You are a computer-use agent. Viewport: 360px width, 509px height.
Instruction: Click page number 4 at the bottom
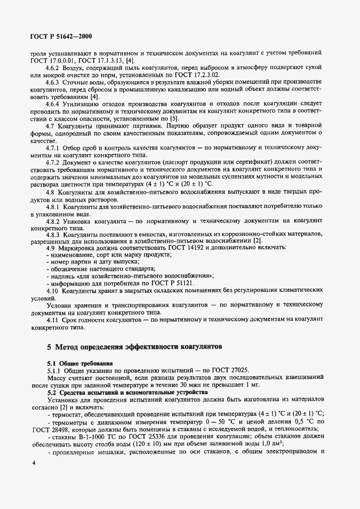[34, 477]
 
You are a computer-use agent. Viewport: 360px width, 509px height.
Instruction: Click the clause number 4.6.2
[53, 67]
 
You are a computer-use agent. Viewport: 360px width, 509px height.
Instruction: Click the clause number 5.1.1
[54, 370]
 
